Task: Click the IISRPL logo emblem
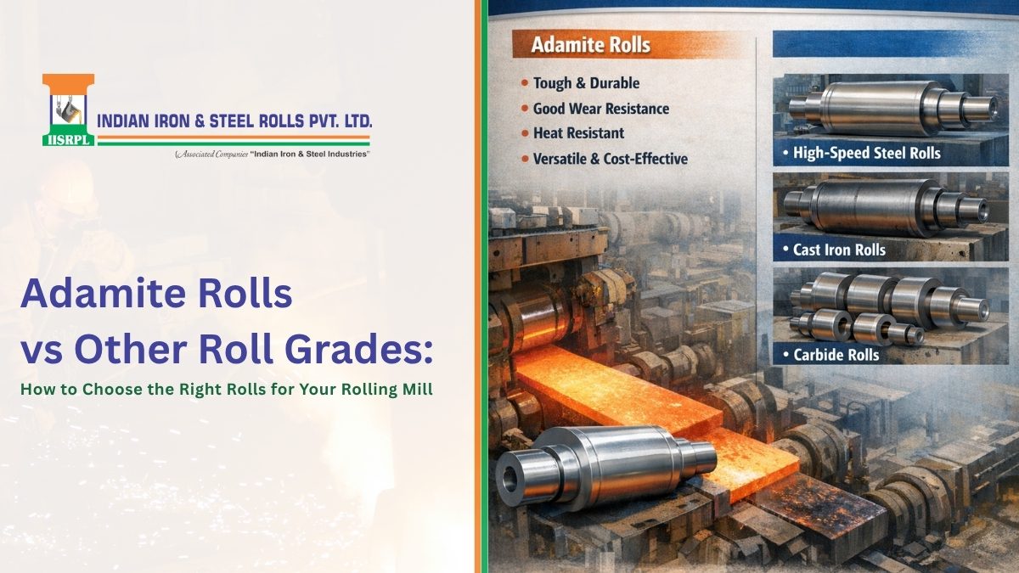click(68, 110)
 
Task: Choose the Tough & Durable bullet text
click(586, 83)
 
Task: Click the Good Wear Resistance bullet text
click(600, 109)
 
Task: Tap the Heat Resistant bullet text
click(578, 133)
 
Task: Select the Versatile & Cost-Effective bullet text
click(610, 159)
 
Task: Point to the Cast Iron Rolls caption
click(839, 250)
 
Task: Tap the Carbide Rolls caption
click(835, 355)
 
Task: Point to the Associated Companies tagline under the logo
click(272, 154)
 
